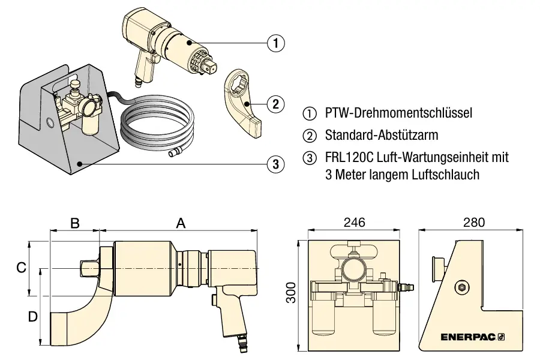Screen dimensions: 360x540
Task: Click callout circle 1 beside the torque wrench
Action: (x=275, y=43)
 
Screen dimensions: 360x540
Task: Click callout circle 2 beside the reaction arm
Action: (x=275, y=104)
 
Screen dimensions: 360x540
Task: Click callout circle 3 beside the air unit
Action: (x=275, y=163)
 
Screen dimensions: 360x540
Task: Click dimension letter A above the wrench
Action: (x=181, y=223)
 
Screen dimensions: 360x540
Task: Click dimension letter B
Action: (x=75, y=223)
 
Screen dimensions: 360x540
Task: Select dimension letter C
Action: (x=21, y=268)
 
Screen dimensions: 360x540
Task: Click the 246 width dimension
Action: (x=354, y=223)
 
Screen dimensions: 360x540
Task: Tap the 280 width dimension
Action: (x=473, y=223)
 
